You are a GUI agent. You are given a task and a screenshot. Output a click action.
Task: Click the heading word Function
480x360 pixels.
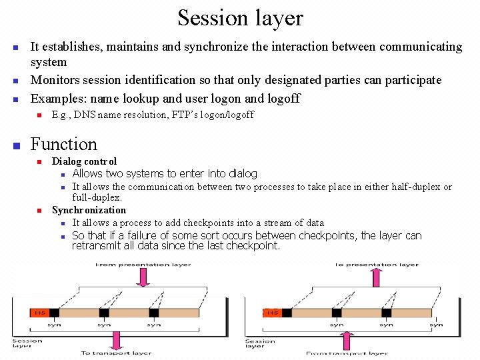[64, 144]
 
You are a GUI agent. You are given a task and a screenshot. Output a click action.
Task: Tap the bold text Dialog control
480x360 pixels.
[84, 161]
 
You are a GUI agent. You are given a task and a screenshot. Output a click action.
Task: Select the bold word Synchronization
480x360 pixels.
[89, 210]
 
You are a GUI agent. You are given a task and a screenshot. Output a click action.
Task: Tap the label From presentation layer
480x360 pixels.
[143, 265]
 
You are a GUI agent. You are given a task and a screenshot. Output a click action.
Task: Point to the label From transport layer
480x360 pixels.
[347, 353]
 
